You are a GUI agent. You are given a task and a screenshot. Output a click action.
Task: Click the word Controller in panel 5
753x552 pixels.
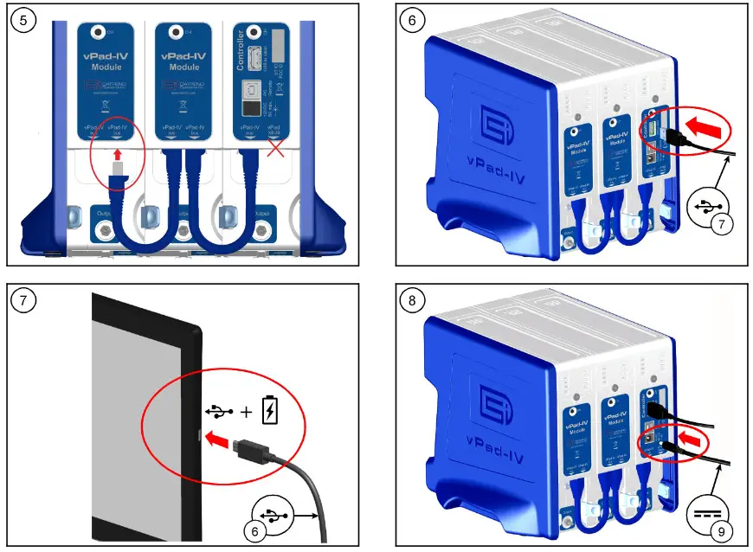pyautogui.click(x=240, y=52)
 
